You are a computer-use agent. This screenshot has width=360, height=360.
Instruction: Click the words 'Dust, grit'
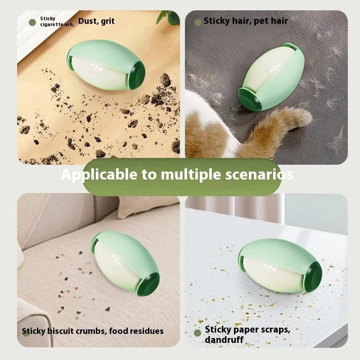[96, 21]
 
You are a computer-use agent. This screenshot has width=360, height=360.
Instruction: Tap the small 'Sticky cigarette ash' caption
[57, 21]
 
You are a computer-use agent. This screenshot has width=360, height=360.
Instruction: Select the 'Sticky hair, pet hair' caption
[245, 21]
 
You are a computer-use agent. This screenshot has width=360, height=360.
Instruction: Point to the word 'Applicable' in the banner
[99, 175]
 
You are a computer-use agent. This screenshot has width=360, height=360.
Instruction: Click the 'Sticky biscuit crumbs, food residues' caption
[93, 331]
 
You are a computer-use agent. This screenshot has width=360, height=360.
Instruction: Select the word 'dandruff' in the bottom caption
[224, 340]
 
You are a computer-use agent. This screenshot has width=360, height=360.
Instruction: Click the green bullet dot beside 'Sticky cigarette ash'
[32, 22]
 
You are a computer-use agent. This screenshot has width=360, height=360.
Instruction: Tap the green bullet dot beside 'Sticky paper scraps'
[198, 333]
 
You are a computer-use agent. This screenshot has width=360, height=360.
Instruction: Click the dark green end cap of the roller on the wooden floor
[137, 75]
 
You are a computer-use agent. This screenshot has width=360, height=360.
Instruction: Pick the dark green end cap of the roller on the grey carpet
[249, 99]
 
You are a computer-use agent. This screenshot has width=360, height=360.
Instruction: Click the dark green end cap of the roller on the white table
[313, 277]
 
